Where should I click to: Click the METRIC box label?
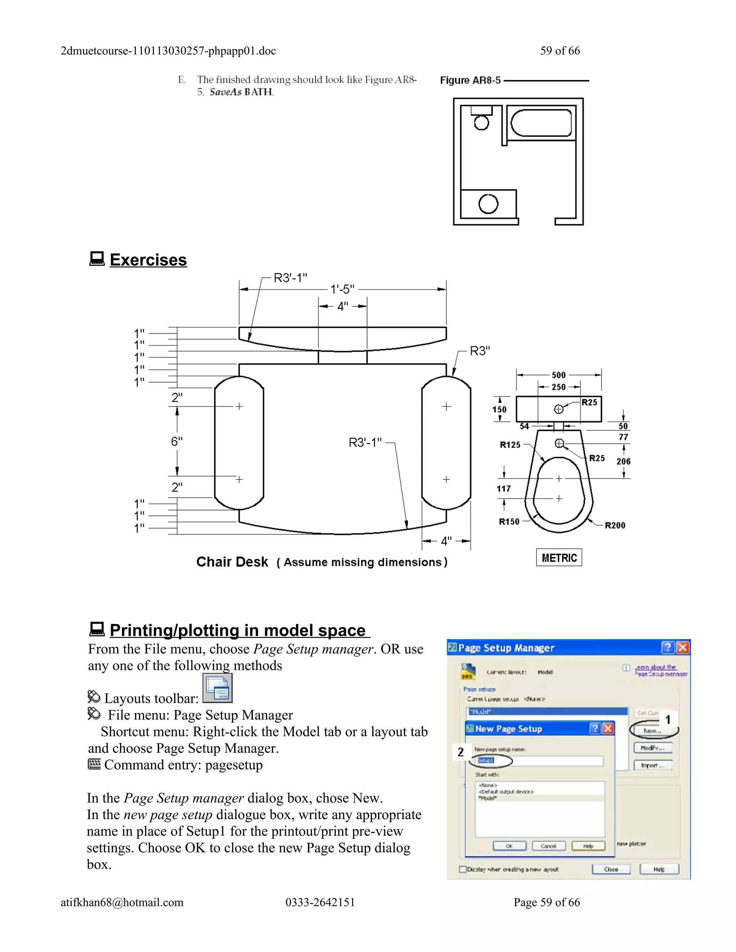(x=559, y=558)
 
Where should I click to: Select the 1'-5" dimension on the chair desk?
(x=342, y=289)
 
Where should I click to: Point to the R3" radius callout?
(x=480, y=351)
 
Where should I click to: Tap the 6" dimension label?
(x=176, y=442)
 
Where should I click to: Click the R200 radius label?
(x=615, y=525)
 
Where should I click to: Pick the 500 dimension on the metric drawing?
(x=558, y=375)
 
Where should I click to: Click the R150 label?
(x=509, y=521)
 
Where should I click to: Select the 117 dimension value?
(x=503, y=489)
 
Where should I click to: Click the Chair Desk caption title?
(x=232, y=562)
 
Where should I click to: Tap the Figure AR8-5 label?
(x=470, y=80)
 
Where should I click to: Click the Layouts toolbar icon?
(x=217, y=688)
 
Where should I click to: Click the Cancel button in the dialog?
(x=548, y=846)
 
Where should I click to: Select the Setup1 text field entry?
(x=486, y=760)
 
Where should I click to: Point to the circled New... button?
(x=652, y=731)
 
